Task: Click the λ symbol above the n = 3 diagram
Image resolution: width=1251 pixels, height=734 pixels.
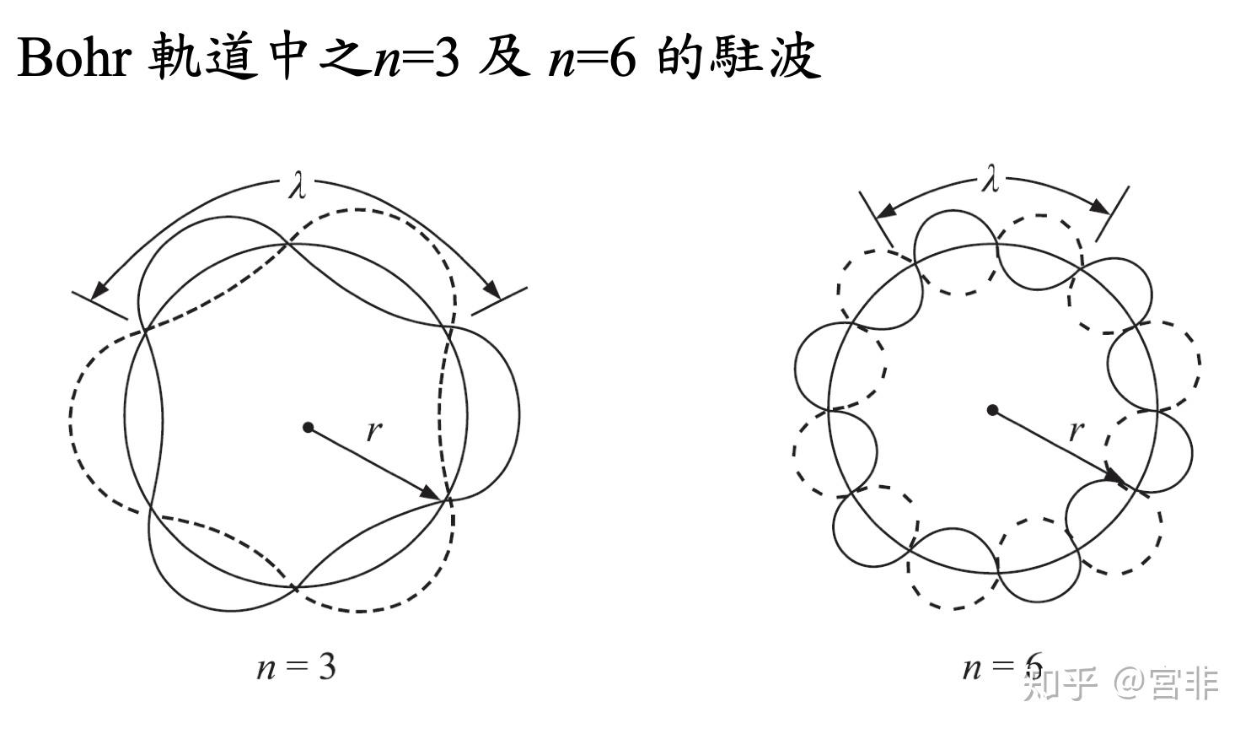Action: click(x=297, y=186)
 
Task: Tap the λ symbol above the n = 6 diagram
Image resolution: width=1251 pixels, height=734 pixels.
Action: click(x=991, y=179)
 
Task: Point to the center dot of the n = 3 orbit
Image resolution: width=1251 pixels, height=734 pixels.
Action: click(x=309, y=428)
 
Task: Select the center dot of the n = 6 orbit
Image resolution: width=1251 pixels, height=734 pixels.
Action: click(x=993, y=410)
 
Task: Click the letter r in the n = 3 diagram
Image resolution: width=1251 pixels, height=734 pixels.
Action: click(x=373, y=431)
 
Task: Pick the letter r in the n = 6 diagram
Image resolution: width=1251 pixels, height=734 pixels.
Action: click(x=1075, y=431)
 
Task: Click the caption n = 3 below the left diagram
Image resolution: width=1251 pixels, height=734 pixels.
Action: click(x=297, y=667)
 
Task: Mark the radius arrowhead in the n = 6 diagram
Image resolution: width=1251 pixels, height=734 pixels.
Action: click(x=1115, y=477)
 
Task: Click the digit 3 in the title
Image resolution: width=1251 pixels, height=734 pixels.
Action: click(x=446, y=59)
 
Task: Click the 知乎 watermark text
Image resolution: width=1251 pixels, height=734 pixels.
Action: click(x=1060, y=683)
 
